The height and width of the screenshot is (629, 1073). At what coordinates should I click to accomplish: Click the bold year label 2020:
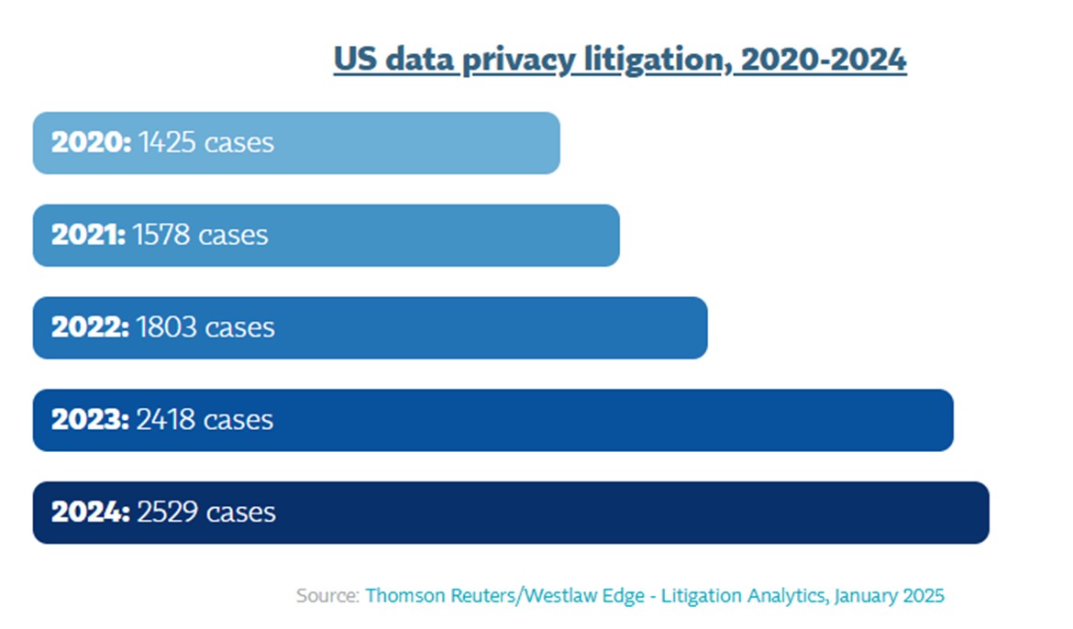click(92, 143)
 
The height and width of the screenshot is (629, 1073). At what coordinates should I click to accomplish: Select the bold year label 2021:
click(89, 235)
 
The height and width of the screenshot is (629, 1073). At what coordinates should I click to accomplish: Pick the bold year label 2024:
click(91, 512)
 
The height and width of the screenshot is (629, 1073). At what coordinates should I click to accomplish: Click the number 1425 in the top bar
click(169, 143)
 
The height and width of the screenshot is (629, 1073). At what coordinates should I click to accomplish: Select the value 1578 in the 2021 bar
click(162, 235)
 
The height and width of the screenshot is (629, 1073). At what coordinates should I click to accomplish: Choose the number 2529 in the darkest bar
click(168, 512)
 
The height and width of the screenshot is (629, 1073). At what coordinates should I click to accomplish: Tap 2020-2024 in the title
click(824, 61)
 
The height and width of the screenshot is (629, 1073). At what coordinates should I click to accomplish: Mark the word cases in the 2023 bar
click(238, 420)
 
